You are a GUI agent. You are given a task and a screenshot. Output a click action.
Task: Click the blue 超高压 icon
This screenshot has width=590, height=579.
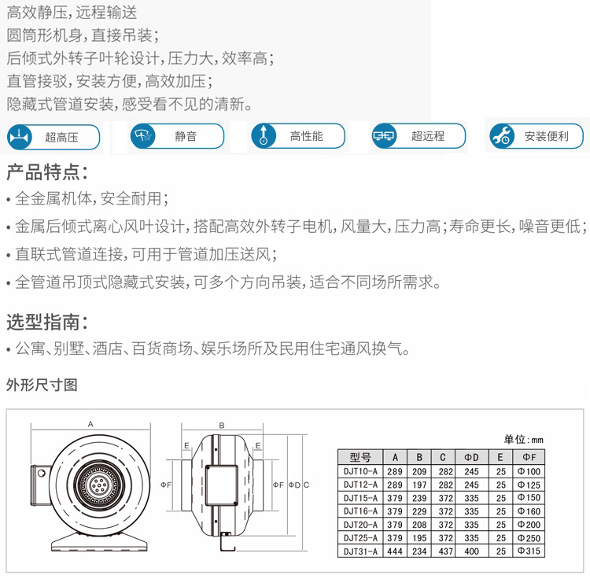19,137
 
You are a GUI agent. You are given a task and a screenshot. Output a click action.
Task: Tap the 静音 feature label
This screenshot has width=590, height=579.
186,137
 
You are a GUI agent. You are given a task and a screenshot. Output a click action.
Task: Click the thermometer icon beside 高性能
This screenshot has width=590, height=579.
264,137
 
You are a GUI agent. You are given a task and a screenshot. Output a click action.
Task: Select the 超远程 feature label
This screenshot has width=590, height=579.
428,137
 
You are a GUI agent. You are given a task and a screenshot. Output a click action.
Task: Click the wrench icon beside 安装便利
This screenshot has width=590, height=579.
502,137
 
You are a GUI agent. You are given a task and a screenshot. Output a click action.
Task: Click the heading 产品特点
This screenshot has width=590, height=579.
46,172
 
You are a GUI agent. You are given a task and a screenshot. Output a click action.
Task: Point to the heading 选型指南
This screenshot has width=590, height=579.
46,322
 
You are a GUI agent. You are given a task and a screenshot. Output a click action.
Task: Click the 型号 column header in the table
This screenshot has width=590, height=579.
360,457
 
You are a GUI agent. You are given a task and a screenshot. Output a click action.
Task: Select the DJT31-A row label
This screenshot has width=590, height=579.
361,551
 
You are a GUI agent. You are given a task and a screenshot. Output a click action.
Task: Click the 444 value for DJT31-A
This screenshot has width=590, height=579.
394,551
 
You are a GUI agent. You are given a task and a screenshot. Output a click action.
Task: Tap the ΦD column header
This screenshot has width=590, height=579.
471,457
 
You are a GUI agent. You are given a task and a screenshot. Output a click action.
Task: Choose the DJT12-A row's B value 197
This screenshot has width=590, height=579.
421,485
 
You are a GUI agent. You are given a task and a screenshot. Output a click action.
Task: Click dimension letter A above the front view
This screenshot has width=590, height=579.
91,424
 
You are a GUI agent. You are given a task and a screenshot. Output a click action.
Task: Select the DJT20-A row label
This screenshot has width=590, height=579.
361,525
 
